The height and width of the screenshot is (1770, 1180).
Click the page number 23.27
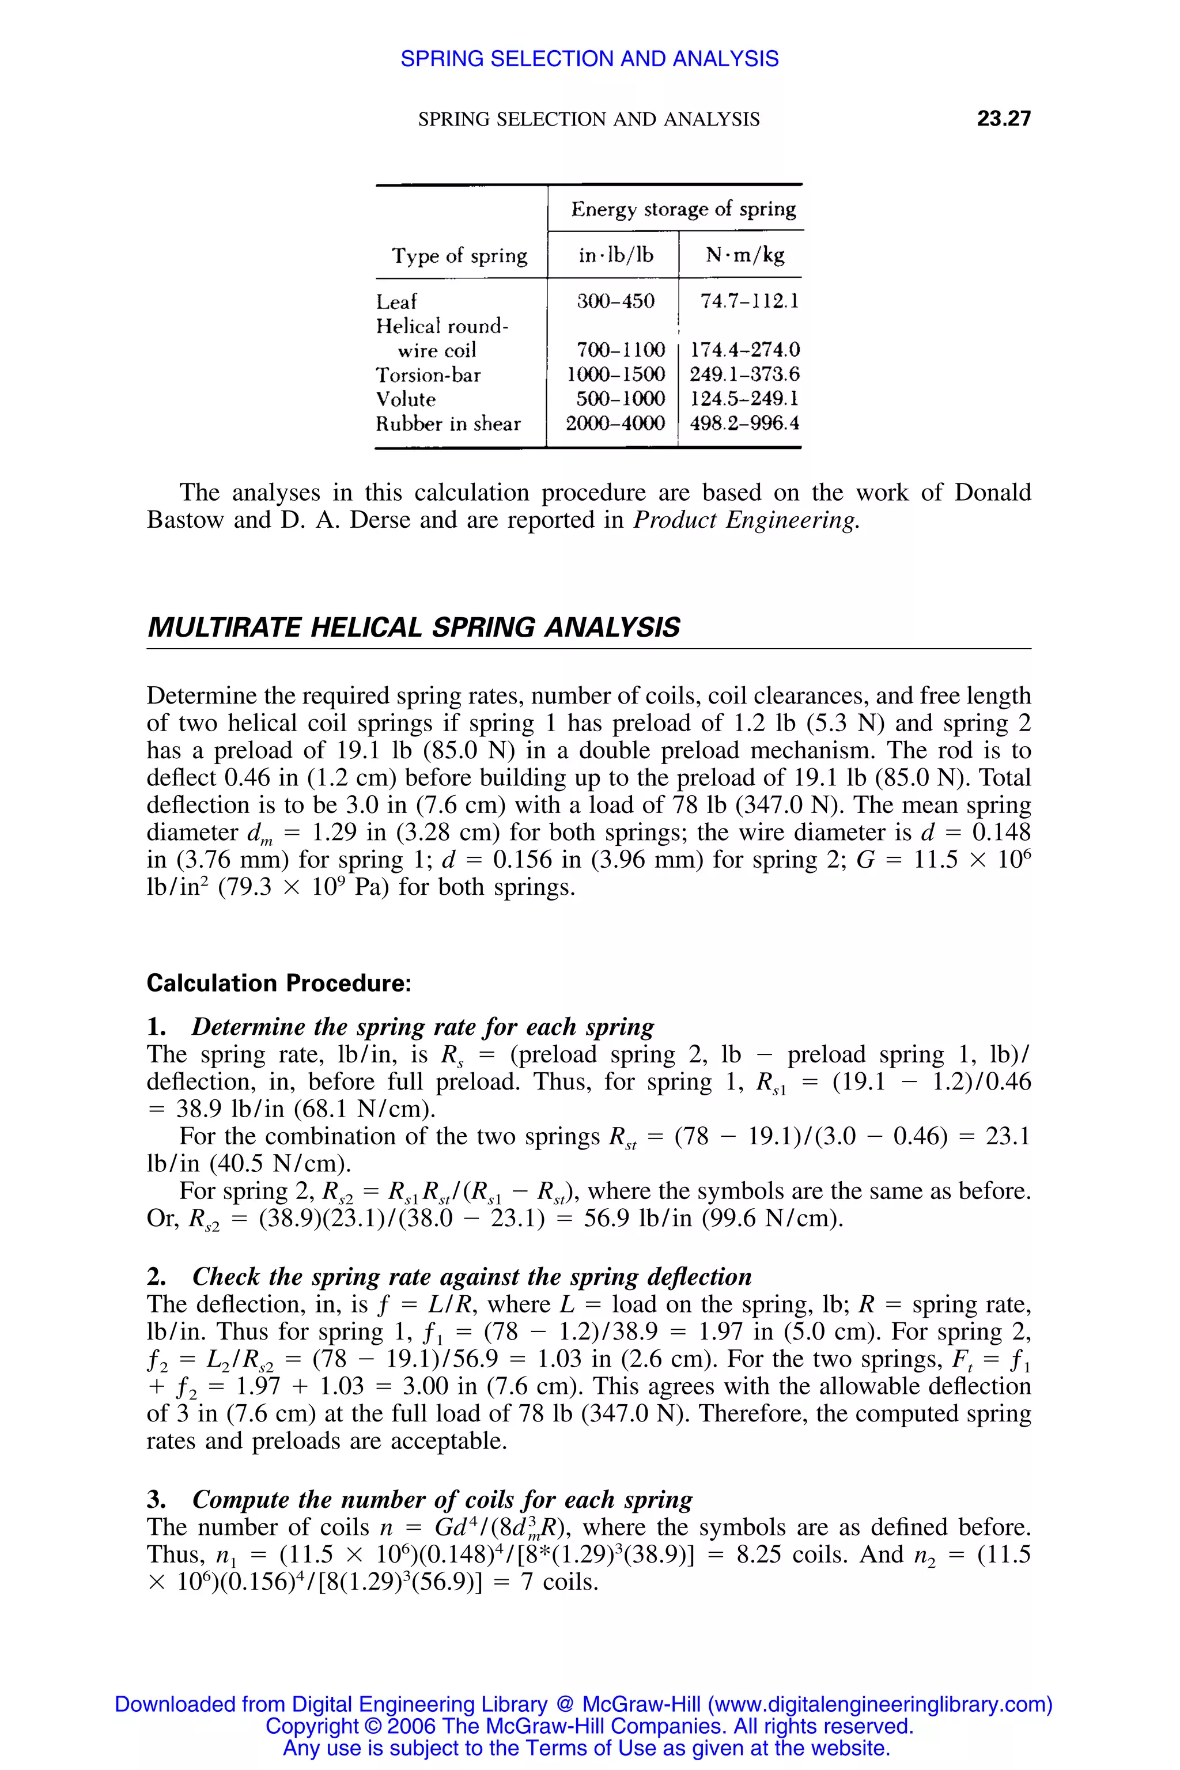pos(1003,118)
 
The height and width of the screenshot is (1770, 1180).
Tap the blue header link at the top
pos(589,59)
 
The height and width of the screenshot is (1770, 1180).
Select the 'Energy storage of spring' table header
pos(683,209)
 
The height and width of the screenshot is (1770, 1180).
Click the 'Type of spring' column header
pos(459,256)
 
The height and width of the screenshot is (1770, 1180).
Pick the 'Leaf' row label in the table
pos(396,302)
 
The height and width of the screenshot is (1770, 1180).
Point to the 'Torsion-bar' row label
pos(428,375)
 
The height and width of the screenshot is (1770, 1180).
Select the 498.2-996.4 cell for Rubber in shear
pos(744,423)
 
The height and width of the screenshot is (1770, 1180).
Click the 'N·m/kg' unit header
pos(744,255)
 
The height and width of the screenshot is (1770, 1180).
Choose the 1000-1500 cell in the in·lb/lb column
pos(615,374)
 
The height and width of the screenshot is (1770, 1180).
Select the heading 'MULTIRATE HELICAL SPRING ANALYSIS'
pos(413,627)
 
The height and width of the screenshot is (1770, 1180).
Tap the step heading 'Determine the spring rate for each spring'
pos(423,1027)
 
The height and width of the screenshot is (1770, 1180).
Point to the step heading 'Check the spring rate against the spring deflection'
pos(472,1276)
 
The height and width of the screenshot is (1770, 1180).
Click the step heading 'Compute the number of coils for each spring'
pos(442,1499)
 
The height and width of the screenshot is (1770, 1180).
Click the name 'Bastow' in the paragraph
pos(185,520)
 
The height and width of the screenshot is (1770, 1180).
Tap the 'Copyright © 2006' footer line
pos(589,1726)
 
